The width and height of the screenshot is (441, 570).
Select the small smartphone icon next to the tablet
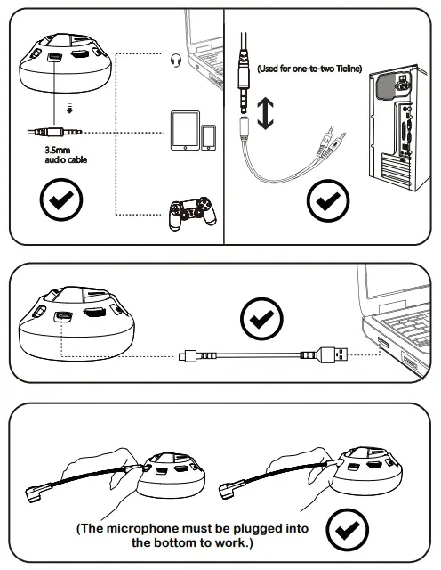pos(209,136)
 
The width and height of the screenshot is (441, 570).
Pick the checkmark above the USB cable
pos(261,316)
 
